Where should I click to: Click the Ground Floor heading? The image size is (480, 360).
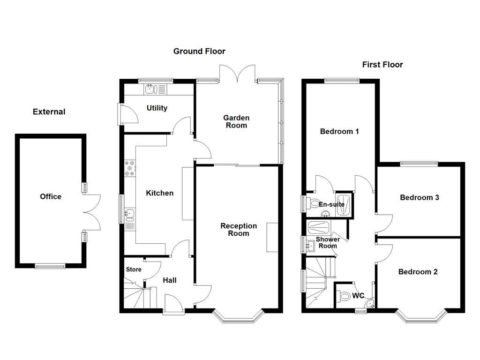coord(199,51)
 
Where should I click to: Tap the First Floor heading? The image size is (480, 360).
coord(382,65)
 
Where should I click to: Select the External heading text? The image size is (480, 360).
coord(49,112)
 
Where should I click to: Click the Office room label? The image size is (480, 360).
coord(51,196)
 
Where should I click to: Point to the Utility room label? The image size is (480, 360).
coord(157,108)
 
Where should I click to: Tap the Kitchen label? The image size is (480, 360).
coord(159,193)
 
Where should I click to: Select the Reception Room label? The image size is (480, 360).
coord(239,229)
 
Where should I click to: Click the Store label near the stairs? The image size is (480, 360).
coord(133,270)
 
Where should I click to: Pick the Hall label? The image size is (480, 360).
coord(169,280)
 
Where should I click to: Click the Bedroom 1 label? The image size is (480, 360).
coord(339,131)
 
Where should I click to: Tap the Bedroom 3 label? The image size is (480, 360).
coord(419,197)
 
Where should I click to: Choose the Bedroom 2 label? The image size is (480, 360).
coord(418,271)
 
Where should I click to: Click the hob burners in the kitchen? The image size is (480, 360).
coord(130,169)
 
